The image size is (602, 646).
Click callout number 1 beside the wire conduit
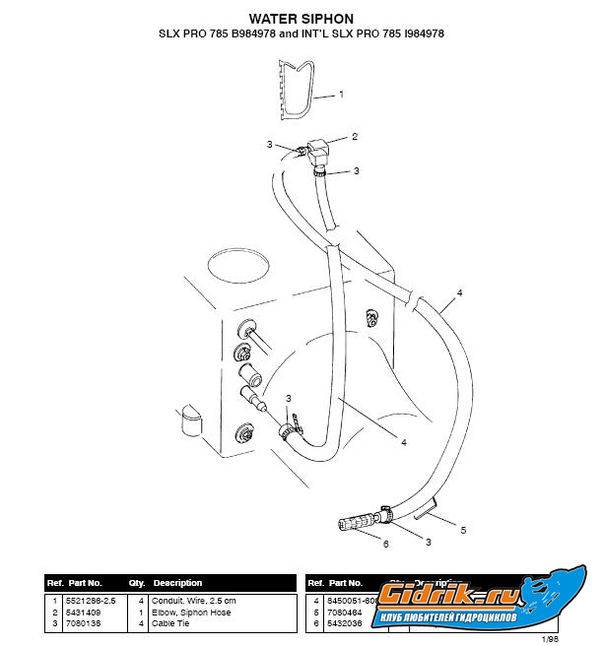click(x=341, y=96)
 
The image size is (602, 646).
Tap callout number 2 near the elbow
click(x=355, y=136)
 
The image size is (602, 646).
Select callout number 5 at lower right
click(x=463, y=530)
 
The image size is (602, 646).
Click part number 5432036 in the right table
click(x=345, y=622)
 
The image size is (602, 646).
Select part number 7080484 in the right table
click(x=345, y=611)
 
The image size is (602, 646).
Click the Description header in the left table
click(x=177, y=583)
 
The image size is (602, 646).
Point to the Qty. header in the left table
click(x=137, y=583)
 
